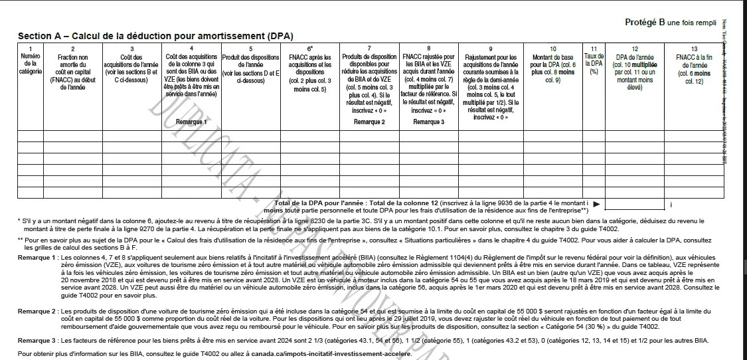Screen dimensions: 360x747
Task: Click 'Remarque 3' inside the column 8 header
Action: [429, 122]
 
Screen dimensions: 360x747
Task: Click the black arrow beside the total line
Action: [596, 204]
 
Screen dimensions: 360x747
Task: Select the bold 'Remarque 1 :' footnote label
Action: [38, 257]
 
